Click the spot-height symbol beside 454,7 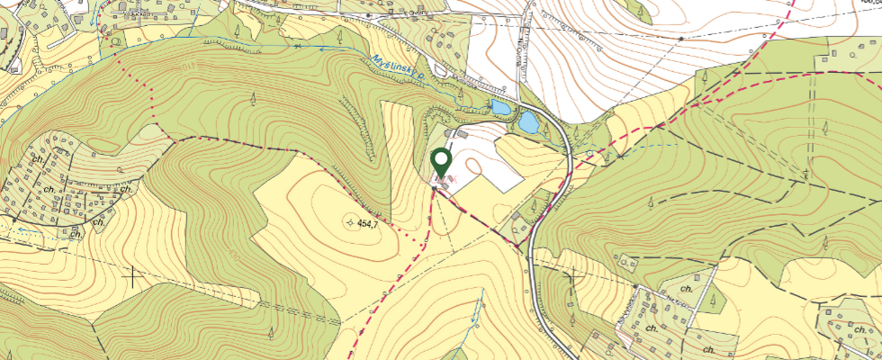tap(350, 221)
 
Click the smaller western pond tap(498, 108)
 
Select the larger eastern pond tap(528, 121)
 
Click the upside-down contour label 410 tap(187, 68)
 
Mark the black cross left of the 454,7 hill tap(132, 276)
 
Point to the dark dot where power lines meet tap(681, 39)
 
